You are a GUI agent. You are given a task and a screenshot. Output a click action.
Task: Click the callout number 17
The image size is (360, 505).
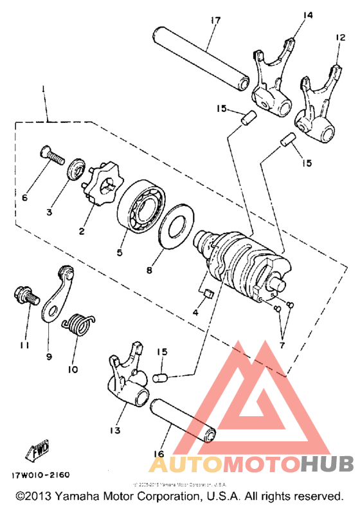(x=214, y=21)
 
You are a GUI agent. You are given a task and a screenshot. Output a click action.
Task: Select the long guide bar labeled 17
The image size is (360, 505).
(x=201, y=56)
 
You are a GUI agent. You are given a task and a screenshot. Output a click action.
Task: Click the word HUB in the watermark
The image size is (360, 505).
(x=327, y=464)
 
